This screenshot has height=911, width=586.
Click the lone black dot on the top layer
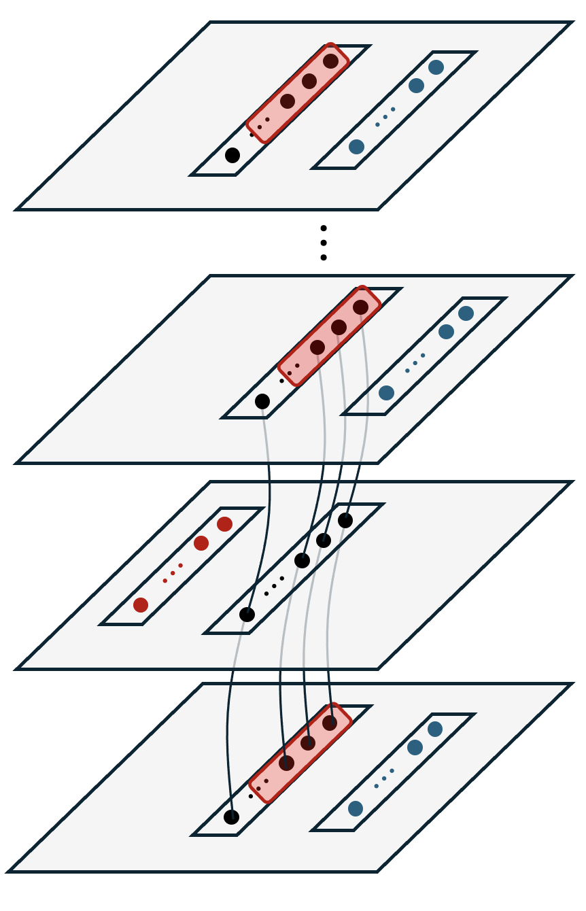pyautogui.click(x=232, y=155)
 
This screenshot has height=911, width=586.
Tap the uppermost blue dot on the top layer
pyautogui.click(x=436, y=67)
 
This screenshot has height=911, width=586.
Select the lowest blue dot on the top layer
pyautogui.click(x=356, y=147)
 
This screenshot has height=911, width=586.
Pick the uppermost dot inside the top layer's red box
pyautogui.click(x=330, y=61)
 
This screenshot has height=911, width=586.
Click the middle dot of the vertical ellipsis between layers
pyautogui.click(x=324, y=243)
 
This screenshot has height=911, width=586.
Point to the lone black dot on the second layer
pyautogui.click(x=262, y=402)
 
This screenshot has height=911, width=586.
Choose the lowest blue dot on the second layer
pyautogui.click(x=386, y=393)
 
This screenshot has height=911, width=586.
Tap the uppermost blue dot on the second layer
pyautogui.click(x=466, y=313)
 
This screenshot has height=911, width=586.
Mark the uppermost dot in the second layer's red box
pyautogui.click(x=360, y=307)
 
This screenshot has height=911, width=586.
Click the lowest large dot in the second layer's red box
pyautogui.click(x=317, y=347)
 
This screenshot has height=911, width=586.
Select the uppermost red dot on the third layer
pyautogui.click(x=224, y=524)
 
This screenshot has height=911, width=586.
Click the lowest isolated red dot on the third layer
pyautogui.click(x=141, y=605)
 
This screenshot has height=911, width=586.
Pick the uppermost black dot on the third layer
pyautogui.click(x=345, y=521)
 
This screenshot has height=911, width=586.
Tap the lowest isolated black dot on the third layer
pyautogui.click(x=247, y=615)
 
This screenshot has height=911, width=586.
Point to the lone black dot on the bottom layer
pyautogui.click(x=231, y=817)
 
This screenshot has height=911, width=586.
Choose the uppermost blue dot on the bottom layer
pyautogui.click(x=435, y=729)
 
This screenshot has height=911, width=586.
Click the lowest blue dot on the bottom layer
pyautogui.click(x=355, y=809)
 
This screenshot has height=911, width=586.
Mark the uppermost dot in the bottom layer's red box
pyautogui.click(x=330, y=723)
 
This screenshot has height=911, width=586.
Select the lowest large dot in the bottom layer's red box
pyautogui.click(x=286, y=763)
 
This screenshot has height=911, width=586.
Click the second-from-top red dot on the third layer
pyautogui.click(x=201, y=543)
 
